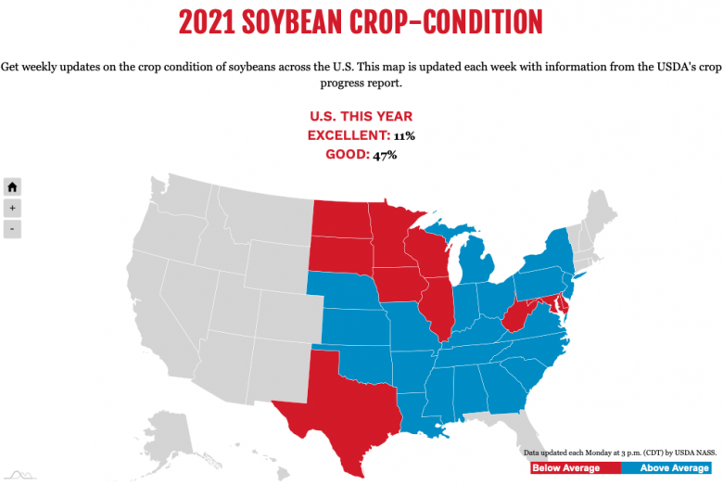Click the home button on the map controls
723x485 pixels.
coord(12,185)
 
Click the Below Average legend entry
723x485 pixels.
coord(566,468)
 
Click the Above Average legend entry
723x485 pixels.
coord(674,468)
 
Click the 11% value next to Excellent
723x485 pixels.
coord(403,135)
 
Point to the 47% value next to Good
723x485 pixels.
coord(386,154)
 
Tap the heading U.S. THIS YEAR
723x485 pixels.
coord(361,117)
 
